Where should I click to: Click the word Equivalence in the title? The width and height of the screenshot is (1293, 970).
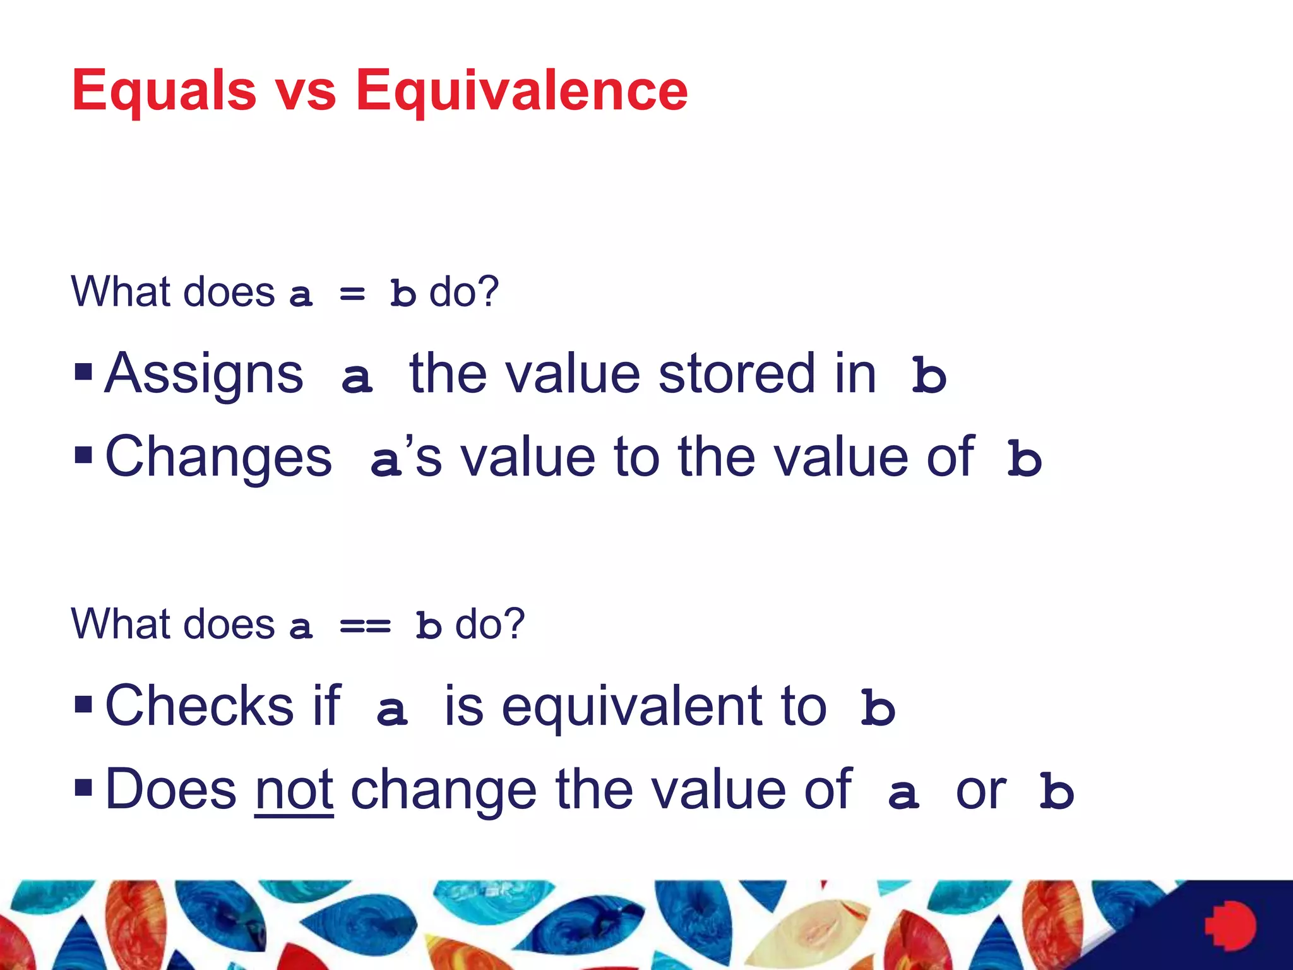click(x=521, y=92)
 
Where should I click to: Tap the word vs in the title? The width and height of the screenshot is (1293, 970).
click(x=306, y=92)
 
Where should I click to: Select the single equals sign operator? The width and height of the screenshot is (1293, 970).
click(x=352, y=294)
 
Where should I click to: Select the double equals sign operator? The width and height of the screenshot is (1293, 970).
click(x=365, y=626)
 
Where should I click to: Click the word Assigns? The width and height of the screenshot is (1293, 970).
click(x=204, y=374)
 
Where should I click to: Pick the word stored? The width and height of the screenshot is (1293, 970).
click(x=736, y=374)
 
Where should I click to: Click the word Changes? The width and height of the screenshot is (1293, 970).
click(x=218, y=457)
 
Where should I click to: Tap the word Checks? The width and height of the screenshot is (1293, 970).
click(x=199, y=705)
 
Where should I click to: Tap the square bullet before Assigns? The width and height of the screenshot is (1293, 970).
click(x=83, y=372)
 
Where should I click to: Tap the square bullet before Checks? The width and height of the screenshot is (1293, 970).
click(x=83, y=704)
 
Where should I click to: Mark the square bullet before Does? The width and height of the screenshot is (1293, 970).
click(x=83, y=787)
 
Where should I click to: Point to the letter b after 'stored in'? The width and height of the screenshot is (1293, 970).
click(x=929, y=375)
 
